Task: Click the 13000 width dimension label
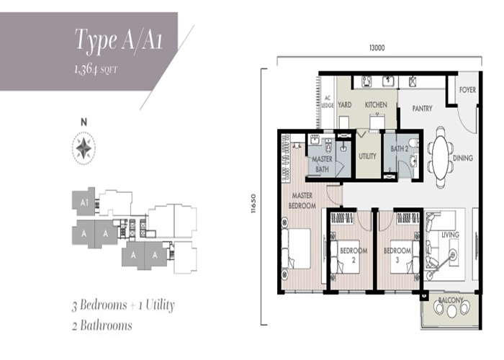(377, 48)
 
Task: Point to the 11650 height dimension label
(253, 204)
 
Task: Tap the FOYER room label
(467, 90)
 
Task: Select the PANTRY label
(422, 109)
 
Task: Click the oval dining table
(441, 158)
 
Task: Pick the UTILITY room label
(367, 156)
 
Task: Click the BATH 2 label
(399, 149)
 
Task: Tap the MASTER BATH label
(322, 164)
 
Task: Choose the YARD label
(345, 105)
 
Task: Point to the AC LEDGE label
(328, 102)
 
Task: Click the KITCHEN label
(376, 105)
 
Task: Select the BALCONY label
(451, 300)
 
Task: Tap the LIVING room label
(450, 235)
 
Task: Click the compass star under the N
(84, 148)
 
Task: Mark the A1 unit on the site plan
(84, 202)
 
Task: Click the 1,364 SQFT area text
(96, 69)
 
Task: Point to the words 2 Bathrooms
(102, 325)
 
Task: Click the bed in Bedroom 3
(405, 257)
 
